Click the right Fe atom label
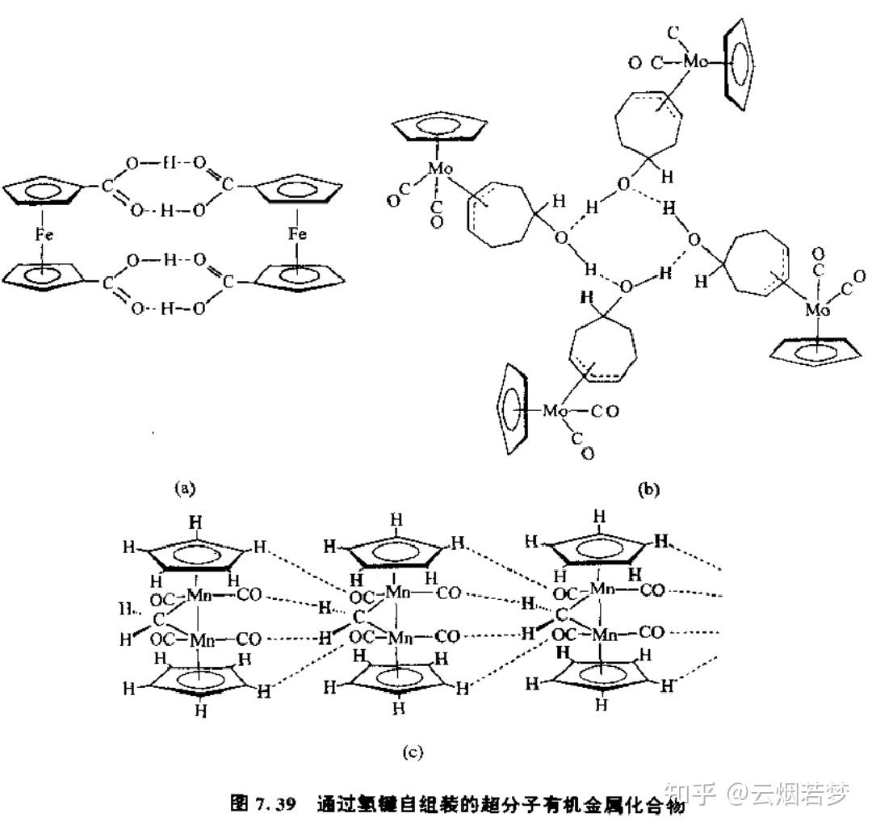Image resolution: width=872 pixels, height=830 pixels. [297, 234]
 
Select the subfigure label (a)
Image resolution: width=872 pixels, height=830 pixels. [186, 487]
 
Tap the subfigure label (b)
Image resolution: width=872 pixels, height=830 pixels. [647, 488]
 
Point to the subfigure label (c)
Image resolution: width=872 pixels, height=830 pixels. [413, 752]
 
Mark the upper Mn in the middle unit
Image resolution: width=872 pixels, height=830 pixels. [396, 593]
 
